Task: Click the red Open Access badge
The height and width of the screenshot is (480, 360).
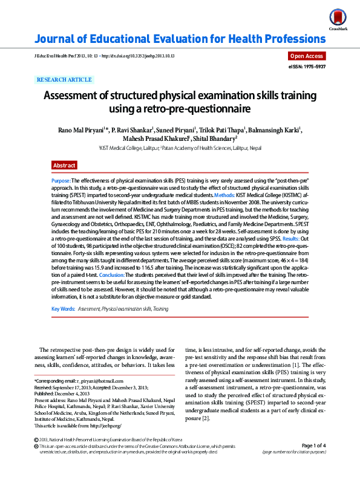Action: (307, 56)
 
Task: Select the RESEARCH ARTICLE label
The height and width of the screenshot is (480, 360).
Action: (65, 79)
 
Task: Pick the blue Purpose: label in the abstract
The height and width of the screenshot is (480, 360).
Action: (61, 181)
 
